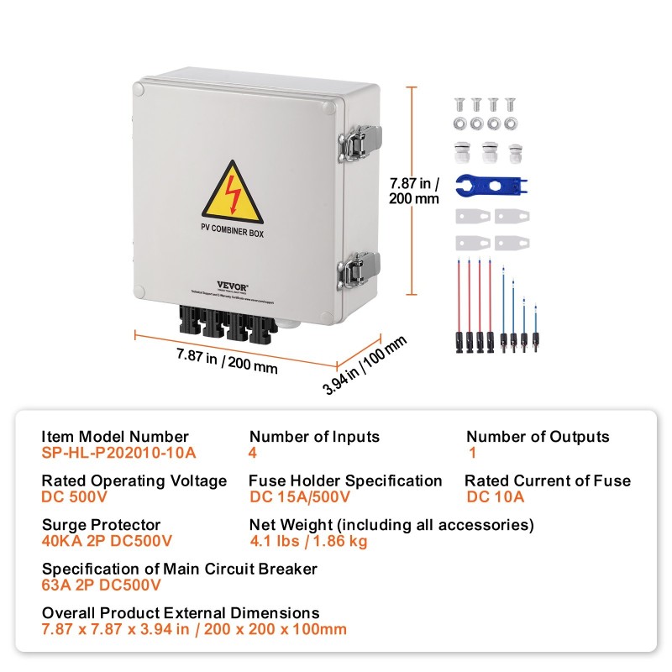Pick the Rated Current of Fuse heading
pyautogui.click(x=548, y=481)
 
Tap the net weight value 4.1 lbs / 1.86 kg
pyautogui.click(x=308, y=541)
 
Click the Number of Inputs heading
pyautogui.click(x=314, y=437)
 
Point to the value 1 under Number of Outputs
pyautogui.click(x=473, y=452)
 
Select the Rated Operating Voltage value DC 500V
pyautogui.click(x=73, y=496)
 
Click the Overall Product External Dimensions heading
pyautogui.click(x=181, y=613)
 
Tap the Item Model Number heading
pyautogui.click(x=115, y=437)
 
